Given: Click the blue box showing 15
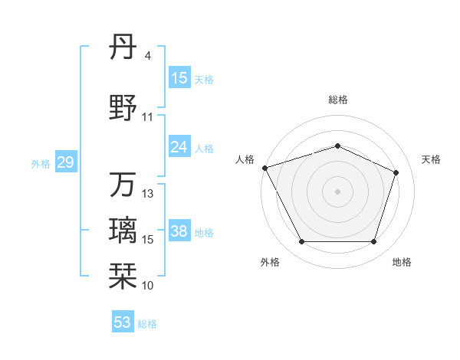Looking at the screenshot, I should point(179,78).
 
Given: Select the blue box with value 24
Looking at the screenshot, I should point(179,147).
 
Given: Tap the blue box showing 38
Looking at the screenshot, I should point(179,232).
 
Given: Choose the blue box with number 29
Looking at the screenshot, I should point(65,162).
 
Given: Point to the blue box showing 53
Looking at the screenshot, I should point(123,322).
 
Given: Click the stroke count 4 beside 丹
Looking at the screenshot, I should point(147,56).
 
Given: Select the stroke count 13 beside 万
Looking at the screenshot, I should point(149,194).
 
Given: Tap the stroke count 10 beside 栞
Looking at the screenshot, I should point(148,285).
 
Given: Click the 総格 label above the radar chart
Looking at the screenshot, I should point(338,100).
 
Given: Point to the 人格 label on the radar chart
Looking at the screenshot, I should point(245,159).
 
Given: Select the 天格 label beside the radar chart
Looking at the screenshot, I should point(431,159).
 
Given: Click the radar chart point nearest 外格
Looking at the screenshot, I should point(301,242).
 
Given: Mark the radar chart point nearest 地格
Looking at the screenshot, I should point(374,242).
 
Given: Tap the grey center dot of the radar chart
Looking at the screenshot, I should point(338,191).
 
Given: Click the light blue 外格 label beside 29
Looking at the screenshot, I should point(40,163).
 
